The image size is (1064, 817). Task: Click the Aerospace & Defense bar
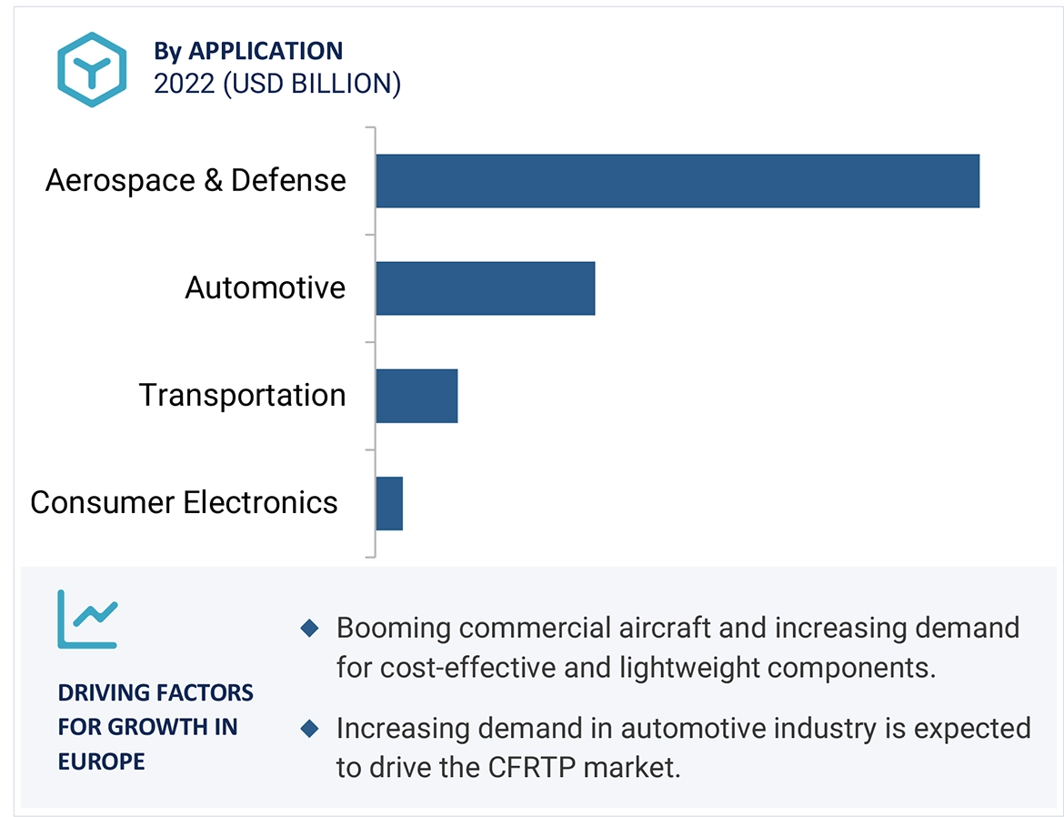coord(677,181)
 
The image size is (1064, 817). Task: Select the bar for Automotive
coord(485,288)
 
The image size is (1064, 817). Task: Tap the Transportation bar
coord(417,396)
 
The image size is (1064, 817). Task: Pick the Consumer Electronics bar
coord(389,503)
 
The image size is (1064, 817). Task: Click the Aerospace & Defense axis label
coord(196,180)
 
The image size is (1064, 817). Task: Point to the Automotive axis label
coord(266,287)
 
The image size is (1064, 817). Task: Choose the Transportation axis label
coord(242,395)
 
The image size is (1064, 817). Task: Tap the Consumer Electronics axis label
coord(184,502)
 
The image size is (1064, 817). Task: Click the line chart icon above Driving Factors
coord(87,619)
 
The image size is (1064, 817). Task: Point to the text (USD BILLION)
coord(312,84)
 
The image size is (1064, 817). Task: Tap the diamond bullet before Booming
coord(309,628)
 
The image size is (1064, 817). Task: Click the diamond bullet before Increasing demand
coord(309,728)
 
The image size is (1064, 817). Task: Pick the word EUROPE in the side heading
coord(101,761)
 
